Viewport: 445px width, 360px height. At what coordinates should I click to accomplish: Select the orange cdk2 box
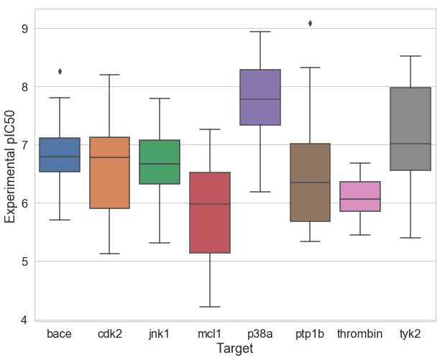tap(109, 172)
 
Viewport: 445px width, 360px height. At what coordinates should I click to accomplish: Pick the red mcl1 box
tap(210, 213)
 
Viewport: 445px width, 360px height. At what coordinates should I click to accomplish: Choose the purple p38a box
tap(260, 97)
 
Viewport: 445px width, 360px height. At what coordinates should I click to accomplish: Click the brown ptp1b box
tap(310, 183)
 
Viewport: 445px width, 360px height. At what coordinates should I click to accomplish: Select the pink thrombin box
tap(360, 196)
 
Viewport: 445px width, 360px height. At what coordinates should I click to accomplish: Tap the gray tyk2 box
tap(410, 129)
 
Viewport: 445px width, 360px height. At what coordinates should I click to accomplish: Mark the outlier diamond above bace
tap(60, 71)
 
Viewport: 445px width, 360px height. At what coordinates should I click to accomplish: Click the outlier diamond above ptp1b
tap(310, 23)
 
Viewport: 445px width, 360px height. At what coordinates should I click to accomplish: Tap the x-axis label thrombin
tap(360, 333)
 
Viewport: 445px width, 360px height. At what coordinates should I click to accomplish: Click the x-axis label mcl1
tap(210, 333)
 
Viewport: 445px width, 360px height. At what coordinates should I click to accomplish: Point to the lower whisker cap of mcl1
tap(210, 307)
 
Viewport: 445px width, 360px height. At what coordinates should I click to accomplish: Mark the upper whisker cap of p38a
tap(260, 32)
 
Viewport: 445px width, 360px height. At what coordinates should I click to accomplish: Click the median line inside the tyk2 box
tap(410, 144)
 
